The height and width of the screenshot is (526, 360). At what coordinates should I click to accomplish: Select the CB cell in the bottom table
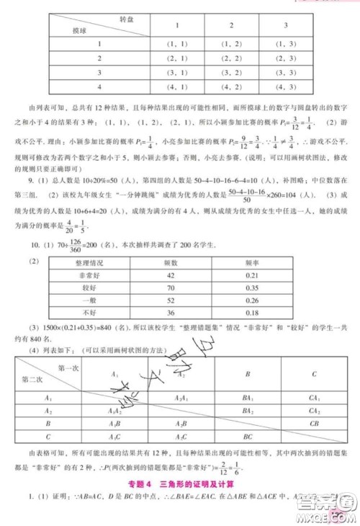pyautogui.click(x=314, y=424)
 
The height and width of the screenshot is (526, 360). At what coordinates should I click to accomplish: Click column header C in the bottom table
pyautogui.click(x=314, y=374)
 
